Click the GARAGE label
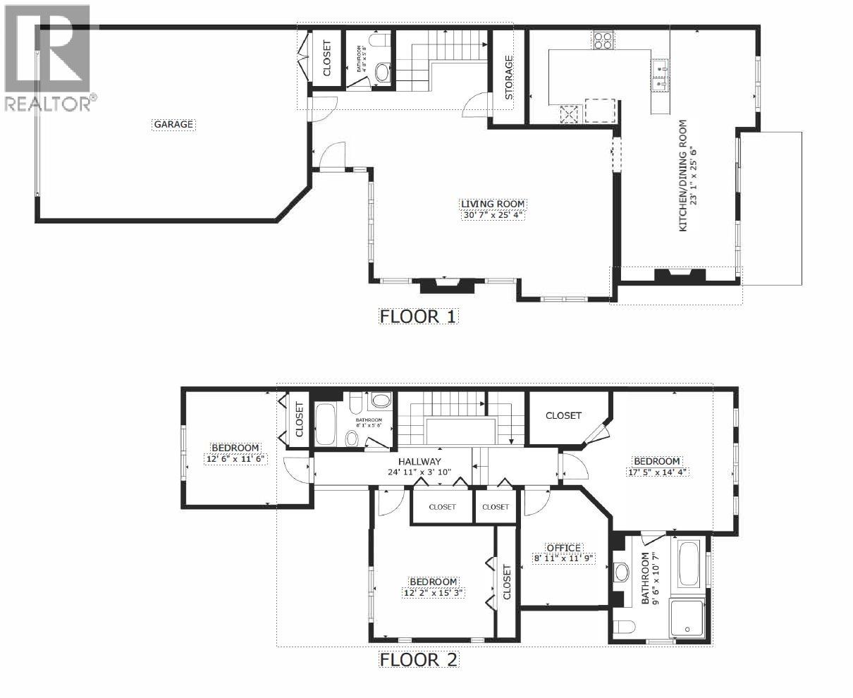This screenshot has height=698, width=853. click(x=173, y=124)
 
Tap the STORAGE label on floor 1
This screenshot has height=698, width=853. click(x=508, y=77)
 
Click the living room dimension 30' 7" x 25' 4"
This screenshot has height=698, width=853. click(x=492, y=214)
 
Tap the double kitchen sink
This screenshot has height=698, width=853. click(x=661, y=76)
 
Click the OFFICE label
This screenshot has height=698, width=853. click(x=563, y=548)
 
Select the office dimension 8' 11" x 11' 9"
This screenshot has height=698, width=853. click(x=563, y=558)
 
